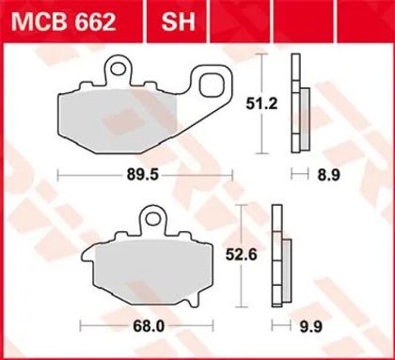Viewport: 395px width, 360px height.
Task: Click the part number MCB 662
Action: [x=64, y=22]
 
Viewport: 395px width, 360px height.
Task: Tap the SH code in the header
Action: [x=179, y=22]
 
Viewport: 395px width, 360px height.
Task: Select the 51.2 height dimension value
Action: [x=261, y=103]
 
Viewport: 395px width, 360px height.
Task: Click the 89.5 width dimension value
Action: [x=143, y=175]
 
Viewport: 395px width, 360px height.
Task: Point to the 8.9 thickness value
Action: [x=329, y=175]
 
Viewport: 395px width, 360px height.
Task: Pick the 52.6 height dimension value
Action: [x=242, y=255]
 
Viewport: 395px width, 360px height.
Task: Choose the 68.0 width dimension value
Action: [x=149, y=327]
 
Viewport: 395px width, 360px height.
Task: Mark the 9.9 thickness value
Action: [x=310, y=327]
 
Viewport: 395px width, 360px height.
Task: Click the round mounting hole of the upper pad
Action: [x=118, y=69]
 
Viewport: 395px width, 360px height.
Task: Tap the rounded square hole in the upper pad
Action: [x=212, y=85]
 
